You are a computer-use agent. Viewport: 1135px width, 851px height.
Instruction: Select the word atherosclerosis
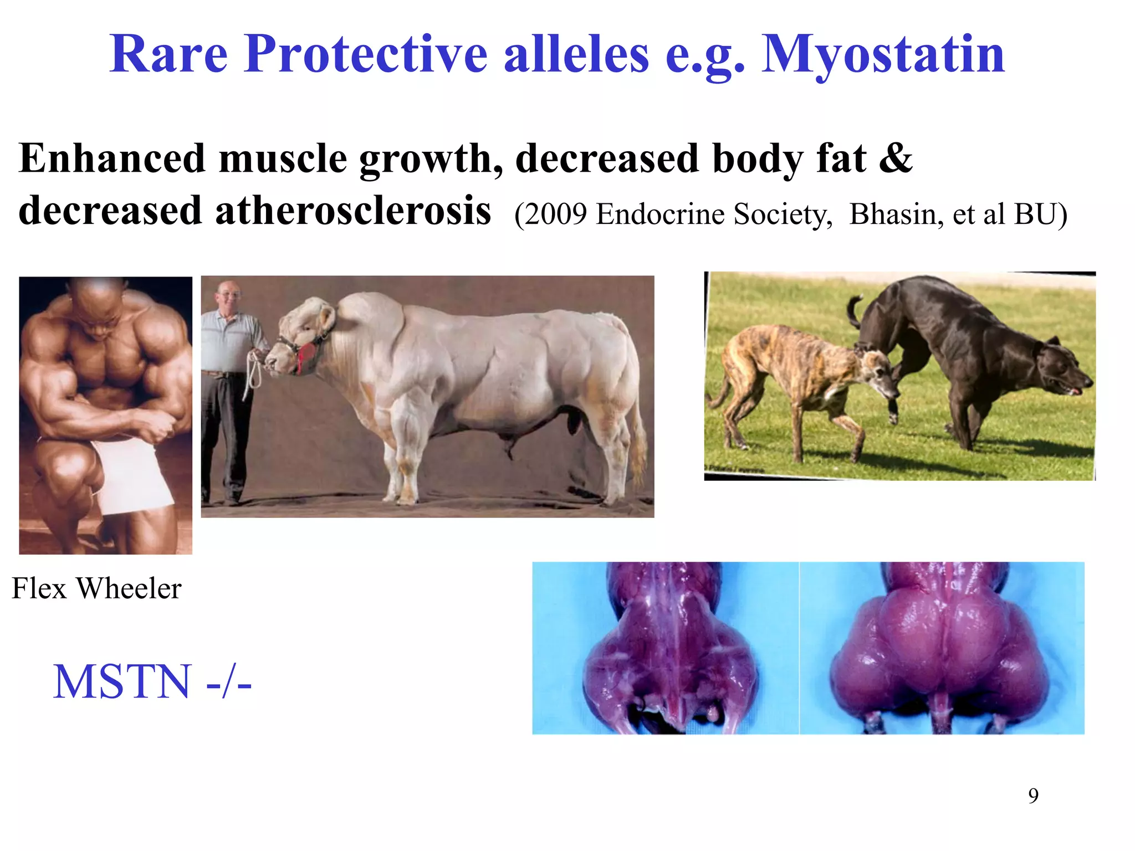coord(352,211)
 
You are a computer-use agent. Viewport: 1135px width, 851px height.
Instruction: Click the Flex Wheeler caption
coord(96,588)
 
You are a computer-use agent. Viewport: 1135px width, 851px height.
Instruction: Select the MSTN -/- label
coord(152,682)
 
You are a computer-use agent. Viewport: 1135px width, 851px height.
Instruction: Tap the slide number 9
coord(1033,796)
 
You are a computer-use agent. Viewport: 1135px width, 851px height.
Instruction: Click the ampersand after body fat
coord(895,158)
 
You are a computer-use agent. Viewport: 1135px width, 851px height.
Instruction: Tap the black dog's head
coord(1061,368)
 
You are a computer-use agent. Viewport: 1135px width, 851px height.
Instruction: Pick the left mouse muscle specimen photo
coord(665,648)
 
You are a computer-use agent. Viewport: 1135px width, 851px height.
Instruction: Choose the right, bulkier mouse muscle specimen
coord(942,648)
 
